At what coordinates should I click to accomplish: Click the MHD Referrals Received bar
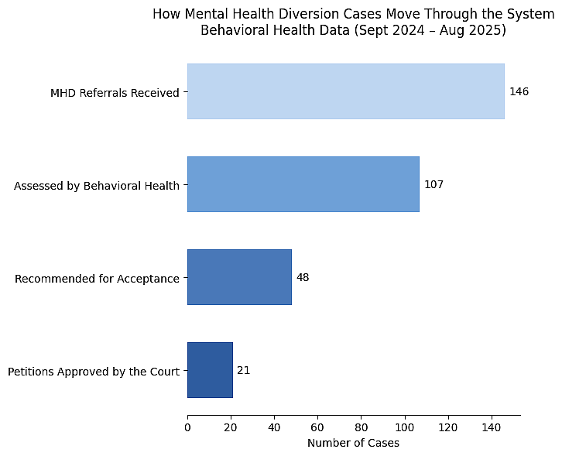[x=345, y=91]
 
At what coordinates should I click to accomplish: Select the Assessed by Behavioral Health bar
[x=303, y=184]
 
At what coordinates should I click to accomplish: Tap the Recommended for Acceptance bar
[x=239, y=277]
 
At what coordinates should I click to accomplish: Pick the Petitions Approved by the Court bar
[x=210, y=370]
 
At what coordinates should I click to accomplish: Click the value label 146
[x=519, y=91]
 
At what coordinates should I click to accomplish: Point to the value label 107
[x=433, y=184]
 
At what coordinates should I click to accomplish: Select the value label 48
[x=303, y=277]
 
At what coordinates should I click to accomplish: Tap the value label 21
[x=243, y=370]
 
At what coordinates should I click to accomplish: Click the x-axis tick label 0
[x=187, y=427]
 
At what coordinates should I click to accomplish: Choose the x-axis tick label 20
[x=231, y=427]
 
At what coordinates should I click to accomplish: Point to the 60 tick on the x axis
[x=317, y=427]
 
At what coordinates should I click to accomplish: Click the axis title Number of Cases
[x=353, y=443]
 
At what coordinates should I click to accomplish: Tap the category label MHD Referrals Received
[x=115, y=93]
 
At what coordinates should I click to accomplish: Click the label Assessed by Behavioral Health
[x=97, y=186]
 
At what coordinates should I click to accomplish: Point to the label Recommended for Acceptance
[x=97, y=279]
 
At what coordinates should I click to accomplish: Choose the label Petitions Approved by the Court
[x=94, y=372]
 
